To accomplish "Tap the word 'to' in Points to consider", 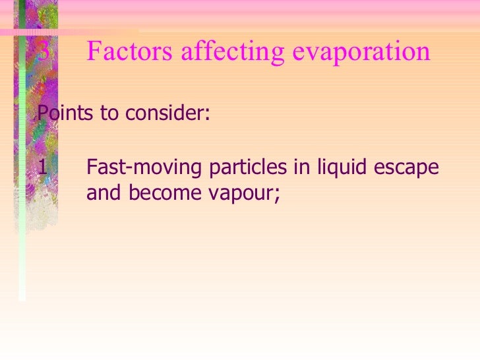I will click(108, 113).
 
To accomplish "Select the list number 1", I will click(43, 167).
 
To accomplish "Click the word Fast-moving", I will click(144, 168).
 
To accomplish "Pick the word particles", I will click(248, 168).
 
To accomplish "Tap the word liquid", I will click(340, 167).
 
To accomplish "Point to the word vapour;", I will click(243, 195).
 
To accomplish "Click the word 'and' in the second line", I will click(104, 193).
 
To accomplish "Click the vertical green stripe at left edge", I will click(21, 198).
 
